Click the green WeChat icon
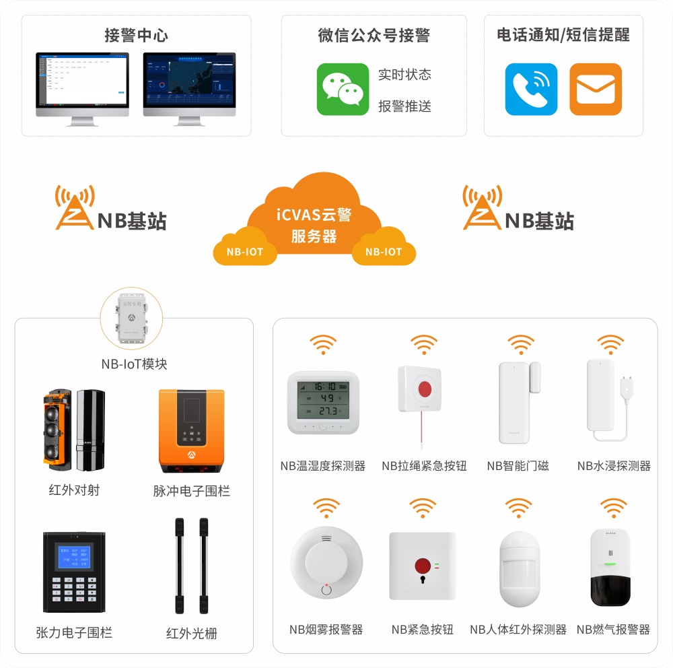[343, 89]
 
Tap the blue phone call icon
[531, 89]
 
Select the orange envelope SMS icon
[595, 89]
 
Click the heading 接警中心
[136, 36]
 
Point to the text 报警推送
[404, 106]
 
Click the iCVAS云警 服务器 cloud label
[314, 225]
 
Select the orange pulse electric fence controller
[191, 431]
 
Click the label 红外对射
[74, 490]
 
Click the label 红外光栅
[192, 633]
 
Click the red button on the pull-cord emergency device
[424, 389]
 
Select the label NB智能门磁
[518, 466]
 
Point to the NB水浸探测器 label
[614, 466]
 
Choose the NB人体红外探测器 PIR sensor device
[520, 567]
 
